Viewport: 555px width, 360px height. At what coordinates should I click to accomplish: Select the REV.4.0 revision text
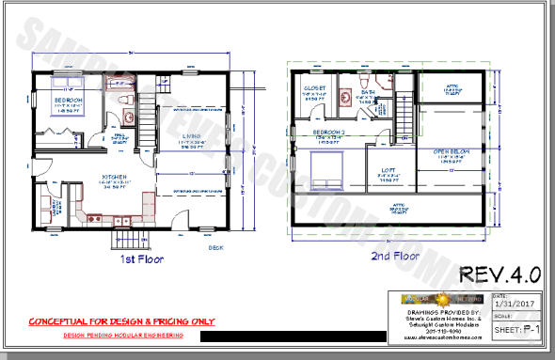499,274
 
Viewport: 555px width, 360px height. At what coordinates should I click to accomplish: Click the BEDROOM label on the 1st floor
68,100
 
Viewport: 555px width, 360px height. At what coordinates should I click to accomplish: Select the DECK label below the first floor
216,248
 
